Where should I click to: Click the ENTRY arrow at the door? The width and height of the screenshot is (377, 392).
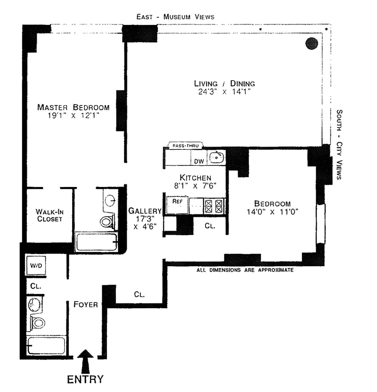click(x=85, y=362)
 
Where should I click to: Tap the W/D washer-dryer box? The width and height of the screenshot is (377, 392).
click(x=36, y=265)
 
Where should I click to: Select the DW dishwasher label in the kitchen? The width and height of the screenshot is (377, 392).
click(x=199, y=161)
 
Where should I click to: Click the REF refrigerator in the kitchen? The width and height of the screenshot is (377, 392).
click(x=177, y=205)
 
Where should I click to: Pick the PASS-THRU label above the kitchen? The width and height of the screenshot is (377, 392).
click(x=186, y=146)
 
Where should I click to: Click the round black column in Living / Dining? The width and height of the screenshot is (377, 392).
click(x=312, y=43)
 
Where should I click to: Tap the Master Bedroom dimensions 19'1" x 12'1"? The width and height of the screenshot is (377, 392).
click(x=74, y=115)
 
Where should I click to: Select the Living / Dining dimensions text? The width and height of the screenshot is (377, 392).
click(x=224, y=91)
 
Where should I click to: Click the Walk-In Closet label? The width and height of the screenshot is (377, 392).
click(x=49, y=215)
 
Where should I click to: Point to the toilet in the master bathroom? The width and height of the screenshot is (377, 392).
click(x=107, y=220)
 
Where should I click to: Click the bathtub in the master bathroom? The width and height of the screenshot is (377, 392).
click(x=97, y=242)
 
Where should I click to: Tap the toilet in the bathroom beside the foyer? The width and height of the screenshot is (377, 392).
click(x=38, y=322)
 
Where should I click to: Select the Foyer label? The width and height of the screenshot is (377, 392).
click(x=85, y=304)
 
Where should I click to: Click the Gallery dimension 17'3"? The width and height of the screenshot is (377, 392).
click(x=145, y=219)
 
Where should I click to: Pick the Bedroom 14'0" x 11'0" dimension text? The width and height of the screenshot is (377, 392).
click(x=272, y=212)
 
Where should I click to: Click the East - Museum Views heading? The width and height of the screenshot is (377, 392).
click(x=175, y=17)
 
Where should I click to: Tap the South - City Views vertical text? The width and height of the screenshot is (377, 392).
click(x=339, y=145)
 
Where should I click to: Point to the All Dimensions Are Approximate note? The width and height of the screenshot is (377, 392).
click(x=245, y=270)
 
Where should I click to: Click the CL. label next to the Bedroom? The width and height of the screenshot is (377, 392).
click(x=210, y=226)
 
